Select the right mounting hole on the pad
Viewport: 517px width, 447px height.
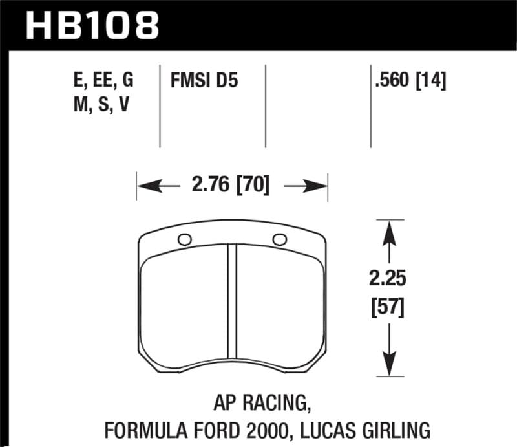click(279, 239)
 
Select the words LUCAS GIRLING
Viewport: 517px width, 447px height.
click(374, 429)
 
